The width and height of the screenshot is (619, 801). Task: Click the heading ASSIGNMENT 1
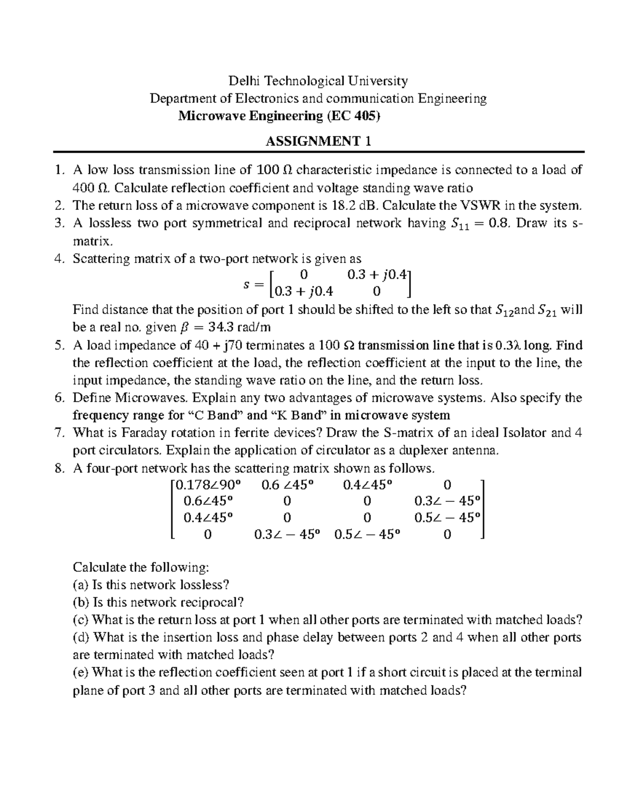(318, 141)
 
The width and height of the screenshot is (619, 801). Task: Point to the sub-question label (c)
(81, 620)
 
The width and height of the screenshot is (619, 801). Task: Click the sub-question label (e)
(81, 673)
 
